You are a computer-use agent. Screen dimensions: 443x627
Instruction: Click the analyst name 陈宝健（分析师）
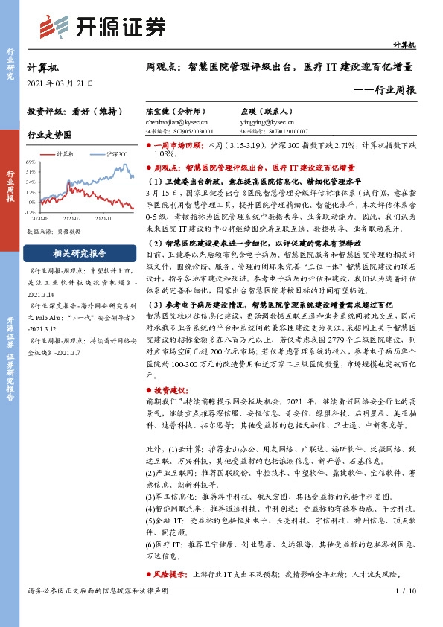click(175, 109)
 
